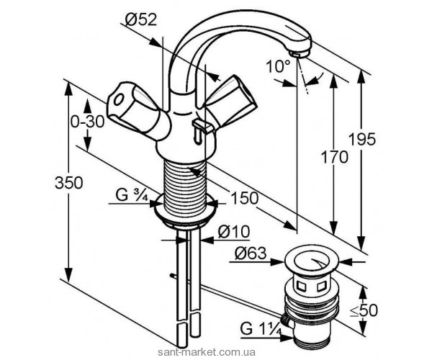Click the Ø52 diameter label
tap(141, 19)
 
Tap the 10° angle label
tap(279, 66)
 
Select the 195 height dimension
tap(362, 139)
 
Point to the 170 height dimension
tap(335, 158)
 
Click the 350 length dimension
tap(69, 182)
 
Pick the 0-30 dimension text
tap(87, 122)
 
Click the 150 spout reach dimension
tap(245, 198)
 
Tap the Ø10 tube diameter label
tap(233, 232)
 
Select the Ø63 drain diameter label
tap(251, 253)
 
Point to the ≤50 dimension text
tap(366, 310)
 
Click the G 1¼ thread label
tap(261, 329)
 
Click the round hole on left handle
tap(119, 99)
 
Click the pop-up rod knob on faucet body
tap(201, 129)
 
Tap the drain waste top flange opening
tap(312, 261)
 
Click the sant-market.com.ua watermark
tap(206, 352)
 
